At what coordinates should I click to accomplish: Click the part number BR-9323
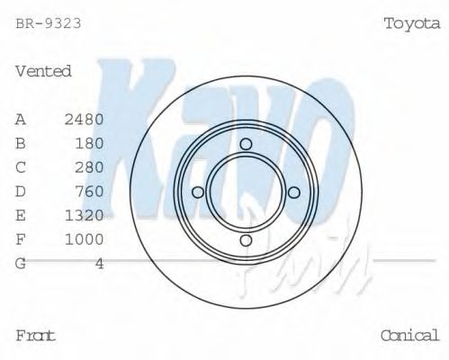click(49, 22)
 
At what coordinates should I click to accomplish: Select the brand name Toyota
click(411, 23)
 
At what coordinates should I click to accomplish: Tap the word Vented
click(43, 71)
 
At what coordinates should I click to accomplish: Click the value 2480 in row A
click(85, 119)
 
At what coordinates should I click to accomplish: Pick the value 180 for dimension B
click(89, 143)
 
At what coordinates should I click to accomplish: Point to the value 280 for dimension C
click(89, 167)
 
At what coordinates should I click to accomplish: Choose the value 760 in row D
click(89, 192)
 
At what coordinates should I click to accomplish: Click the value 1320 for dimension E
click(85, 216)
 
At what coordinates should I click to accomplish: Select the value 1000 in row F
click(85, 239)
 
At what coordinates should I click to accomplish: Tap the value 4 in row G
click(99, 264)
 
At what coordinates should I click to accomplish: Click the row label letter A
click(21, 119)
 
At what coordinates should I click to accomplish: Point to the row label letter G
click(21, 264)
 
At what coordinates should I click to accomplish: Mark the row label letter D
click(21, 192)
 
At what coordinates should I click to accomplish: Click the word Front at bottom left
click(36, 335)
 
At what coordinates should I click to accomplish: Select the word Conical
click(409, 335)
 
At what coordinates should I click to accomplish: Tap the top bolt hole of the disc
click(246, 144)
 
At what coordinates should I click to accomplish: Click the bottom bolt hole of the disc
click(246, 239)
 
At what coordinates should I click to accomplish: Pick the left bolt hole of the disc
click(198, 192)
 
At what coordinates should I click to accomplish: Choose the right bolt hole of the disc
click(293, 192)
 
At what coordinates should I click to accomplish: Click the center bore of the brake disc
click(246, 192)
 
